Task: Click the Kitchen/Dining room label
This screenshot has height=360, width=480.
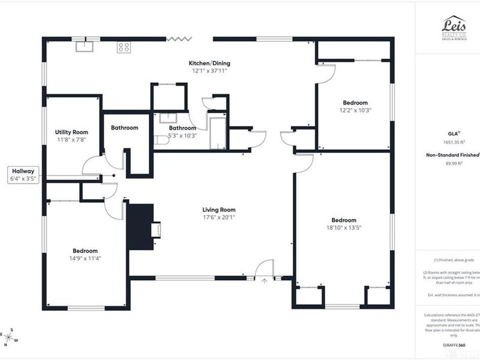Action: [209, 63]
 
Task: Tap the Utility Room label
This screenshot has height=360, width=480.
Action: [71, 132]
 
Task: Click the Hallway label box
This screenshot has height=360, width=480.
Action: [23, 175]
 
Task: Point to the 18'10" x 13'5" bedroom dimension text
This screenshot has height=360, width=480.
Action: [344, 228]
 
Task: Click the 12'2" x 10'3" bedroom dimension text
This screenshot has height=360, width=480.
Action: [355, 110]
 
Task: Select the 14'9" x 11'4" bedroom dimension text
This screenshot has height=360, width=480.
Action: [85, 259]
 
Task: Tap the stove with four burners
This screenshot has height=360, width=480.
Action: [124, 46]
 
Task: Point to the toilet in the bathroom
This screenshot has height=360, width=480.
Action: [161, 140]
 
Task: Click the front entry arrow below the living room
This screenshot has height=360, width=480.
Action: [264, 280]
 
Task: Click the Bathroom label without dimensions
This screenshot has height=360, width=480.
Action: [125, 128]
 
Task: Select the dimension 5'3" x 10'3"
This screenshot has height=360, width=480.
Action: [182, 136]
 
